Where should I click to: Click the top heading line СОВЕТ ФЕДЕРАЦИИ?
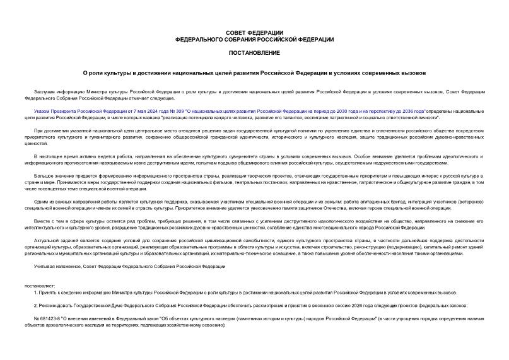click(254, 33)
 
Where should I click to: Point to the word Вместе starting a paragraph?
click(42, 221)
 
